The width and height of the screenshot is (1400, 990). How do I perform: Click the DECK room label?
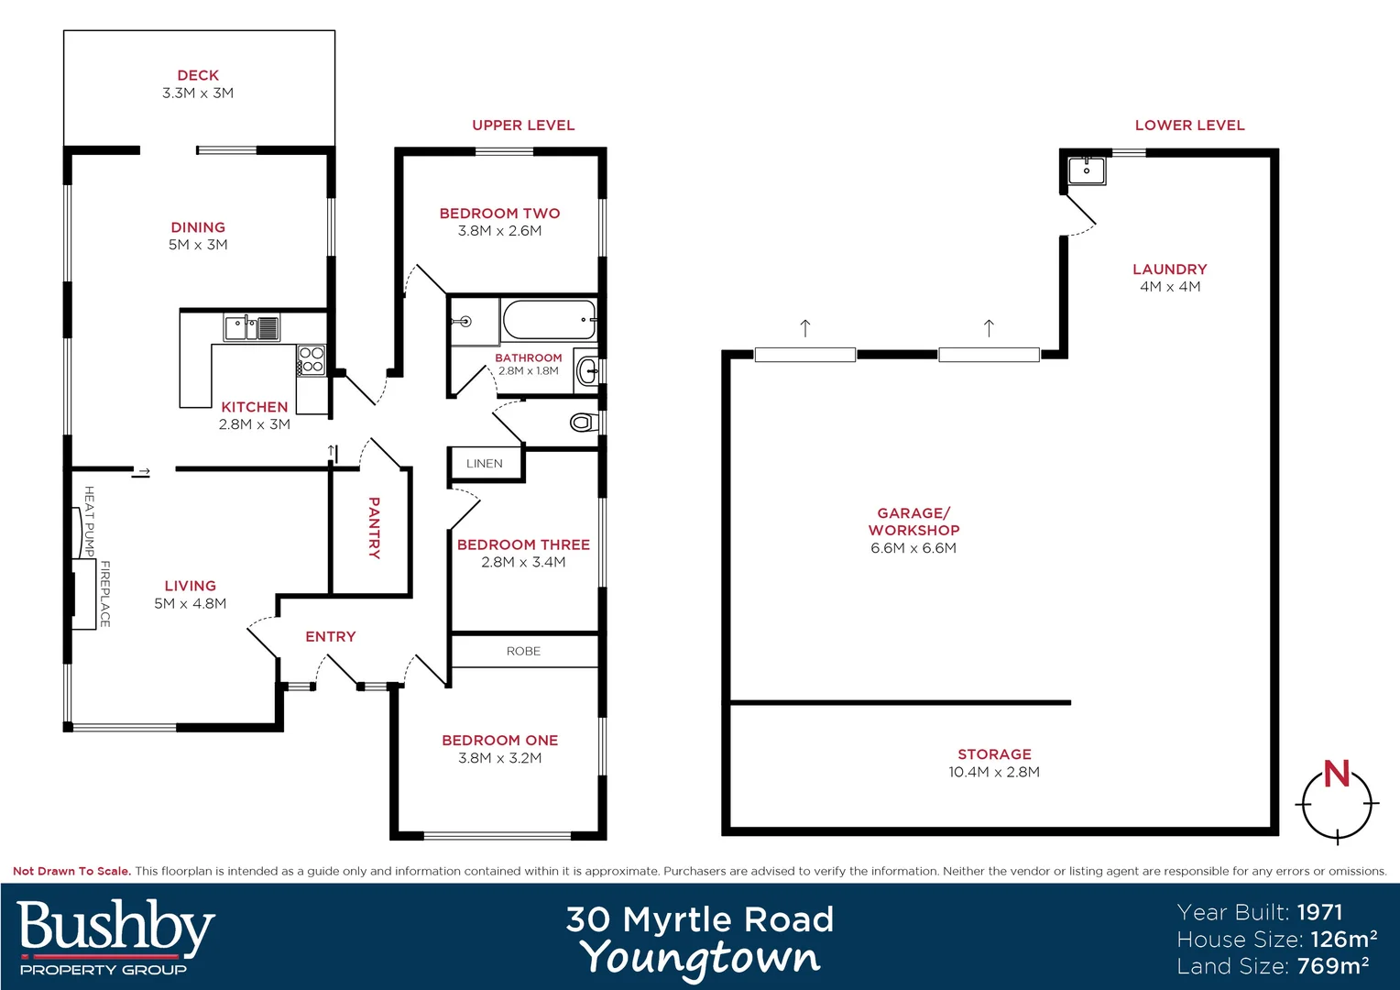(x=198, y=75)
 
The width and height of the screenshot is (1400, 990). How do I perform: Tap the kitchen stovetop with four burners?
(x=312, y=359)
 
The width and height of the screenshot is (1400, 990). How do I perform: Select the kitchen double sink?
(x=252, y=326)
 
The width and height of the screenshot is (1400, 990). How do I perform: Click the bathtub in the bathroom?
(x=549, y=321)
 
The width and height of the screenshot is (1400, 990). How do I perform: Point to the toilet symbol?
(x=581, y=423)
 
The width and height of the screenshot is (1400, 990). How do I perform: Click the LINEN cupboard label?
(x=484, y=464)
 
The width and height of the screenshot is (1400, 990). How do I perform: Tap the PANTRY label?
(x=374, y=528)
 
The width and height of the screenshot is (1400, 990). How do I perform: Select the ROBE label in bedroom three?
(x=523, y=652)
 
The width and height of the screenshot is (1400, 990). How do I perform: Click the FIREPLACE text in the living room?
(x=105, y=594)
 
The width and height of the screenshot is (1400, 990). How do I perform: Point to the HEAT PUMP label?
(x=90, y=521)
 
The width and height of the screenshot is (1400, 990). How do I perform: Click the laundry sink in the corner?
(x=1087, y=170)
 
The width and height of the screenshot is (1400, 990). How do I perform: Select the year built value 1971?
(x=1319, y=912)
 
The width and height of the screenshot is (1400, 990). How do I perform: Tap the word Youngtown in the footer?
(x=700, y=959)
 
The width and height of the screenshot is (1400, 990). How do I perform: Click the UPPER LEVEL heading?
(x=523, y=126)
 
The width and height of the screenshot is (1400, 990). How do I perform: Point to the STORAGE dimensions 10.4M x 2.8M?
(x=994, y=772)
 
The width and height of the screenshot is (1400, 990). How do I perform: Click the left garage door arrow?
(x=805, y=328)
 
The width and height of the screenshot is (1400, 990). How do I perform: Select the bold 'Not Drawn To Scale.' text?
(x=71, y=871)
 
